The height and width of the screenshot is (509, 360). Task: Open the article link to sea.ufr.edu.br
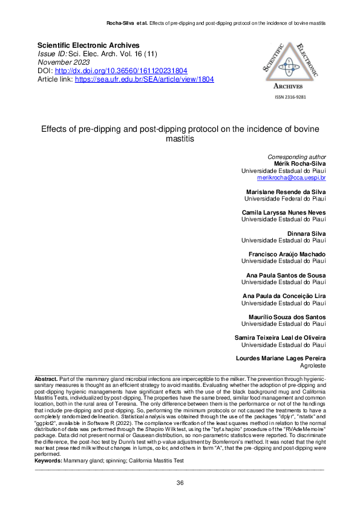(x=144, y=79)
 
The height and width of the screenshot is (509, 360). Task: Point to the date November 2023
(x=63, y=62)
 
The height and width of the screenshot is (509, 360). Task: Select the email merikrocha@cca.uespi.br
(x=292, y=178)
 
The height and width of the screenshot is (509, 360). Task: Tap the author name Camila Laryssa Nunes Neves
(x=284, y=212)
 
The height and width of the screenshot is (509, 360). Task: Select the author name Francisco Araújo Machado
(x=287, y=254)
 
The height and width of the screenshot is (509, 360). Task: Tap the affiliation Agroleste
(x=313, y=365)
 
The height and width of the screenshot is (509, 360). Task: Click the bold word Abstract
(x=46, y=378)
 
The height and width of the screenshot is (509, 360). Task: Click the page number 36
(x=180, y=482)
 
